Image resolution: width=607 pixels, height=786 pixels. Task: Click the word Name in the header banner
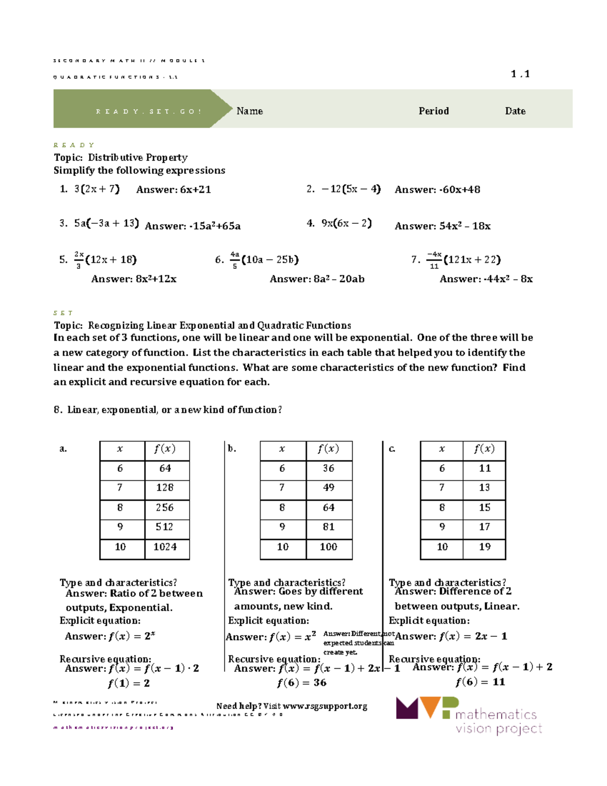(249, 111)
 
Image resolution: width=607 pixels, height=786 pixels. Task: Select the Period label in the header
(433, 111)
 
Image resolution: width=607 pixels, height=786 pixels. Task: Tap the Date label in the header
(515, 111)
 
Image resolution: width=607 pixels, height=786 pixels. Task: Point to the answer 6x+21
(174, 190)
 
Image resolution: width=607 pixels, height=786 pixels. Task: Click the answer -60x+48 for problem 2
(438, 190)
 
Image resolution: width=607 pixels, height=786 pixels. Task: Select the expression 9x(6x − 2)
(346, 223)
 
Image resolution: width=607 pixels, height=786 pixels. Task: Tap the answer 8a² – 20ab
(317, 279)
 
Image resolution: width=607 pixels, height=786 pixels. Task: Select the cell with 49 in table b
(329, 487)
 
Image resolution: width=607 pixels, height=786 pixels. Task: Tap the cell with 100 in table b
(328, 547)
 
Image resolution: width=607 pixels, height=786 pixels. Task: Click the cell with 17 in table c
(485, 527)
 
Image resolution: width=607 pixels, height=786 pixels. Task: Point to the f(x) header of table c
(484, 449)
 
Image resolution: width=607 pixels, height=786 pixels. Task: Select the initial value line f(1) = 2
(128, 683)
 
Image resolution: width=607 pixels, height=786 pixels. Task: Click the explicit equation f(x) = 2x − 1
(451, 636)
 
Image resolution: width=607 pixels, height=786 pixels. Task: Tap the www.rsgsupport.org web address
(325, 706)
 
